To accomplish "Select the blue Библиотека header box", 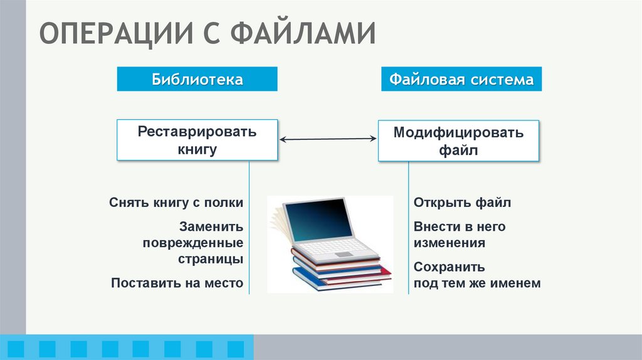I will pyautogui.click(x=197, y=80).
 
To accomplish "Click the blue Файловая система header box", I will pyautogui.click(x=461, y=80).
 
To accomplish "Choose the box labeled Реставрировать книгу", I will pyautogui.click(x=197, y=140).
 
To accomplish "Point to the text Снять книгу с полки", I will pyautogui.click(x=176, y=203).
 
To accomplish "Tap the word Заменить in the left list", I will pyautogui.click(x=211, y=226).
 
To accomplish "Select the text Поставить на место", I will pyautogui.click(x=177, y=283).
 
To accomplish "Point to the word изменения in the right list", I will pyautogui.click(x=449, y=243).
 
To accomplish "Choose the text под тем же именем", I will pyautogui.click(x=476, y=283).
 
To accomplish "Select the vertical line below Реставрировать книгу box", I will pyautogui.click(x=250, y=226).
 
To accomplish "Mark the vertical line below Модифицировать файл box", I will pyautogui.click(x=409, y=226).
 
